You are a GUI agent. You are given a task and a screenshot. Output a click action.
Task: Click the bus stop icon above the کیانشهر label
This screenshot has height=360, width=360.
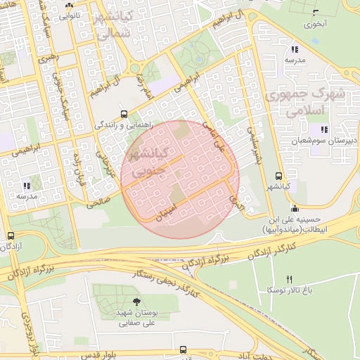click(x=279, y=176)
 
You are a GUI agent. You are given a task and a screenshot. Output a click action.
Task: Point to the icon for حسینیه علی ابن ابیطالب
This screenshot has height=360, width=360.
click(x=293, y=208)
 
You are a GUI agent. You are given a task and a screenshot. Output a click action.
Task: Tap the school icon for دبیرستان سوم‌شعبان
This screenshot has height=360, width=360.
click(x=324, y=129)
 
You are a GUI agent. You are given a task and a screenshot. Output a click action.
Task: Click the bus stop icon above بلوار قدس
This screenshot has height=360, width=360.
click(x=184, y=349)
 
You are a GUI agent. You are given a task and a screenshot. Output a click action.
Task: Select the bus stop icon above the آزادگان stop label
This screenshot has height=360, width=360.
click(x=10, y=237)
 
